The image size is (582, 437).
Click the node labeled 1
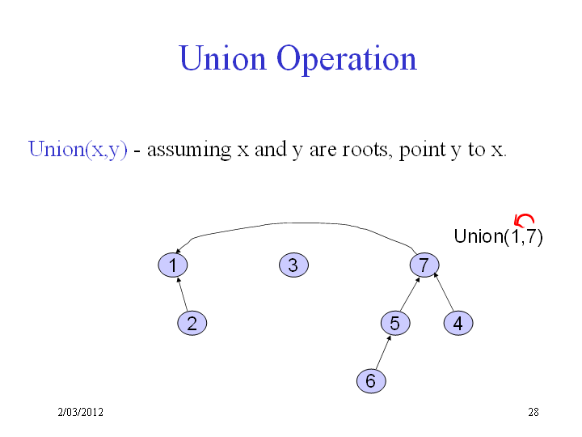[x=173, y=265]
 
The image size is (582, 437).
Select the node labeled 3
[x=293, y=265]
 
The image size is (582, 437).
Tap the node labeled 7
[x=424, y=265]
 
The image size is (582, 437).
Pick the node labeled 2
[x=192, y=323]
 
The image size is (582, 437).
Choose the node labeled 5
[x=395, y=323]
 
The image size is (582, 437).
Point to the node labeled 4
[x=458, y=323]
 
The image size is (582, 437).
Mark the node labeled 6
[x=371, y=381]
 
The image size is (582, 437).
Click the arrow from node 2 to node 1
[x=182, y=294]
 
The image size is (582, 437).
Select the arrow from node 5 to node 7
[x=410, y=294]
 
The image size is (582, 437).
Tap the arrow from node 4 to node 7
[x=444, y=291]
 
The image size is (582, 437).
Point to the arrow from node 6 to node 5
[x=383, y=352]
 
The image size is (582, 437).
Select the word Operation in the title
[x=347, y=59]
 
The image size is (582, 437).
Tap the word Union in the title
[x=223, y=58]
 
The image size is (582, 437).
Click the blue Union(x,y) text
[x=78, y=150]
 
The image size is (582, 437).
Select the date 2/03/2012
[x=81, y=412]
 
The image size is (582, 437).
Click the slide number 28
[x=533, y=412]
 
